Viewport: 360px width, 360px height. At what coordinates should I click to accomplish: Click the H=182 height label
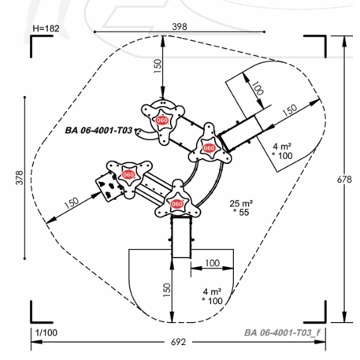point(46,28)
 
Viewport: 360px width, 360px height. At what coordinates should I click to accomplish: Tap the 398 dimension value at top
point(180,27)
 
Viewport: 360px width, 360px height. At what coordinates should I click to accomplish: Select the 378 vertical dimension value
point(20,178)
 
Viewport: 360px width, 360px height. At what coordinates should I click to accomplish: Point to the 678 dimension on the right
point(344,180)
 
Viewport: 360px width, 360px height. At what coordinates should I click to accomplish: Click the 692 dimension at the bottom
point(179,342)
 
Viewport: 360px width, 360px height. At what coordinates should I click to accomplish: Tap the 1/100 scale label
point(46,332)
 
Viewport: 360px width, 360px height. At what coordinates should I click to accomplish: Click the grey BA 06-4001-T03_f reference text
point(282,332)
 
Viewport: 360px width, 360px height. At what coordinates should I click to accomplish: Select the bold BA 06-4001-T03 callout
point(98,130)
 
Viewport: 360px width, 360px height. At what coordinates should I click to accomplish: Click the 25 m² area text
point(241,203)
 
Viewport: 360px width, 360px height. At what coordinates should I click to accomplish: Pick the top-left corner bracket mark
point(32,36)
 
